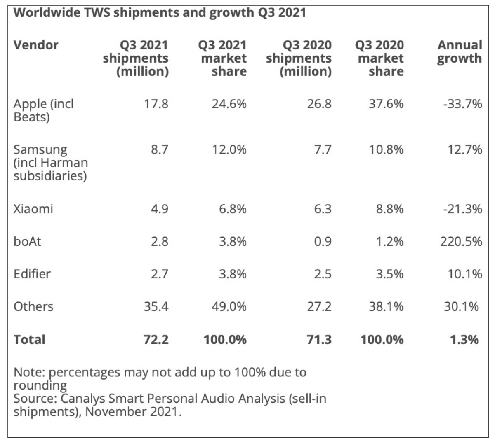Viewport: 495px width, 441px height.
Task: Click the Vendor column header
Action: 36,45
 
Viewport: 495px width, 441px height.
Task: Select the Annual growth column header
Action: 460,51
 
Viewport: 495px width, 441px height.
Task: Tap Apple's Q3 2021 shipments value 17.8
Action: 156,104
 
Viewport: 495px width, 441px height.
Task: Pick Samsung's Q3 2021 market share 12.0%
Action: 229,149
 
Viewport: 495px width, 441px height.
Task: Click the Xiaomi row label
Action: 33,209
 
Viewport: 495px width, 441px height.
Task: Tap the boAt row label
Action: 27,241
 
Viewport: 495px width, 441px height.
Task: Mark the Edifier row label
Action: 32,274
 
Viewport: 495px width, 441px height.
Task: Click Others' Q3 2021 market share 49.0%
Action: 229,307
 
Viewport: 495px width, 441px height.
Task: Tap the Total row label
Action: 29,340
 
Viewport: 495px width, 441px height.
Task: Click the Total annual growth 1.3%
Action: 464,340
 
